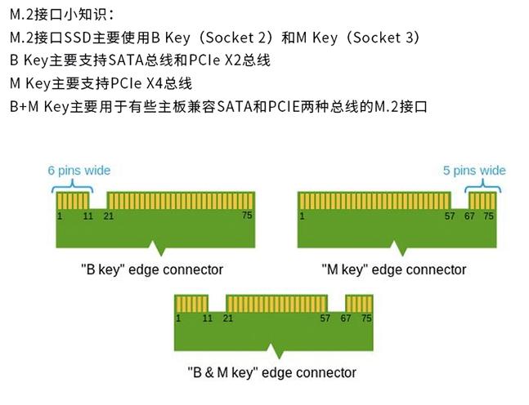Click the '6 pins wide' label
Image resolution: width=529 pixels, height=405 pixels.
[x=79, y=171]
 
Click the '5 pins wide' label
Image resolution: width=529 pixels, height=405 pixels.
[x=474, y=171]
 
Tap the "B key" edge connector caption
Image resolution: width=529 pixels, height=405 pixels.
[x=152, y=269]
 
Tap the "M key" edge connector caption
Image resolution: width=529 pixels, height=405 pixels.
[x=394, y=269]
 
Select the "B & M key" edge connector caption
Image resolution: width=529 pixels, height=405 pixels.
[x=271, y=372]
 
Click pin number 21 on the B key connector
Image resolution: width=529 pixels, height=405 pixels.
[x=109, y=216]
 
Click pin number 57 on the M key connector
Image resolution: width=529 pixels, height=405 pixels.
[x=450, y=216]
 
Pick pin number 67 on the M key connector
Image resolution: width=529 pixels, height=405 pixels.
[x=470, y=216]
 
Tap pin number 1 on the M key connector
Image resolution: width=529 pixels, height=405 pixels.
[x=302, y=216]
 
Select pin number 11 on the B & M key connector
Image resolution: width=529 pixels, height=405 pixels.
[x=208, y=318]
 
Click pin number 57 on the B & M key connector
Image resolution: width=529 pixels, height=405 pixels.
[x=325, y=318]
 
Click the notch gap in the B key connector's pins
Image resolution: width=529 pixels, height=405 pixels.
[x=98, y=199]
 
